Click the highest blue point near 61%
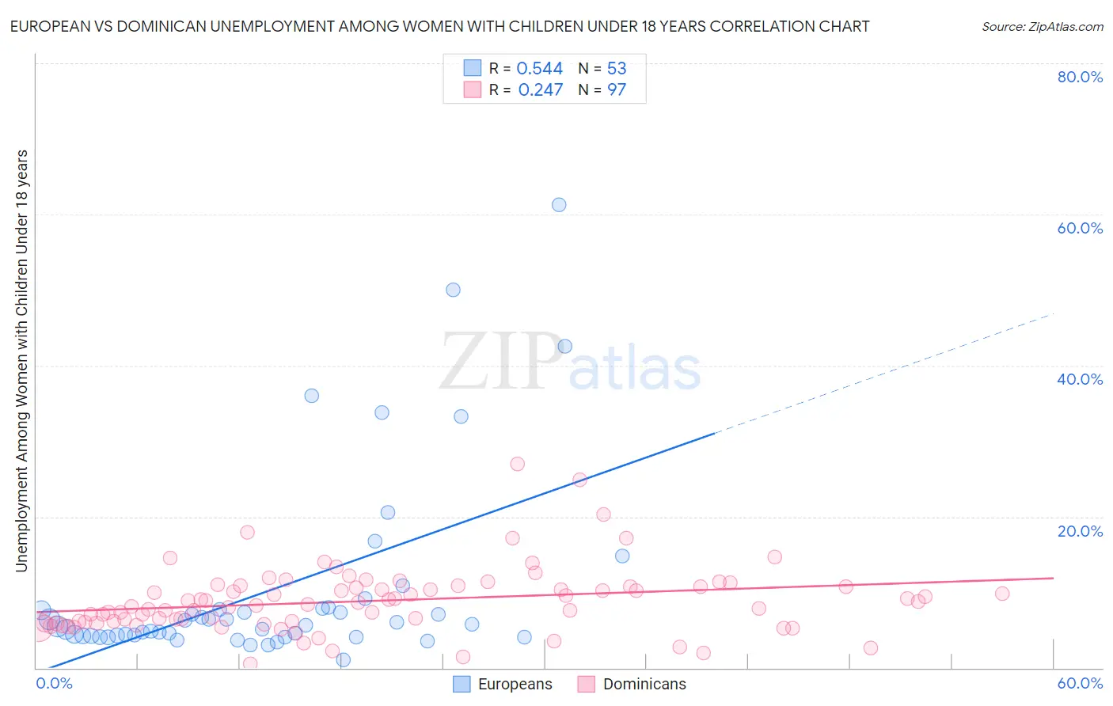pos(559,204)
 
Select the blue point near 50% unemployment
pos(453,290)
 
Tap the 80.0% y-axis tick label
pos(1080,77)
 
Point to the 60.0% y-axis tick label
pos(1080,228)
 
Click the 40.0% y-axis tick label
pos(1080,379)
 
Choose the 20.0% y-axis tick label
pos(1080,530)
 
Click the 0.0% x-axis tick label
pos(54,683)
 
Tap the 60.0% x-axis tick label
pos(1080,683)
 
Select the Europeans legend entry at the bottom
pos(503,684)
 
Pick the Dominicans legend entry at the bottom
pos(632,684)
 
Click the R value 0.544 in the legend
pos(540,69)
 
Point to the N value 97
pos(617,90)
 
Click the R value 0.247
pos(540,90)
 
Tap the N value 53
pos(617,69)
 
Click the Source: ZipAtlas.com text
pos(1042,26)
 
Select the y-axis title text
pos(21,360)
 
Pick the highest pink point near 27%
pos(517,464)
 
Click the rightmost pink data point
pos(1002,594)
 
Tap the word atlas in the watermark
pos(635,370)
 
